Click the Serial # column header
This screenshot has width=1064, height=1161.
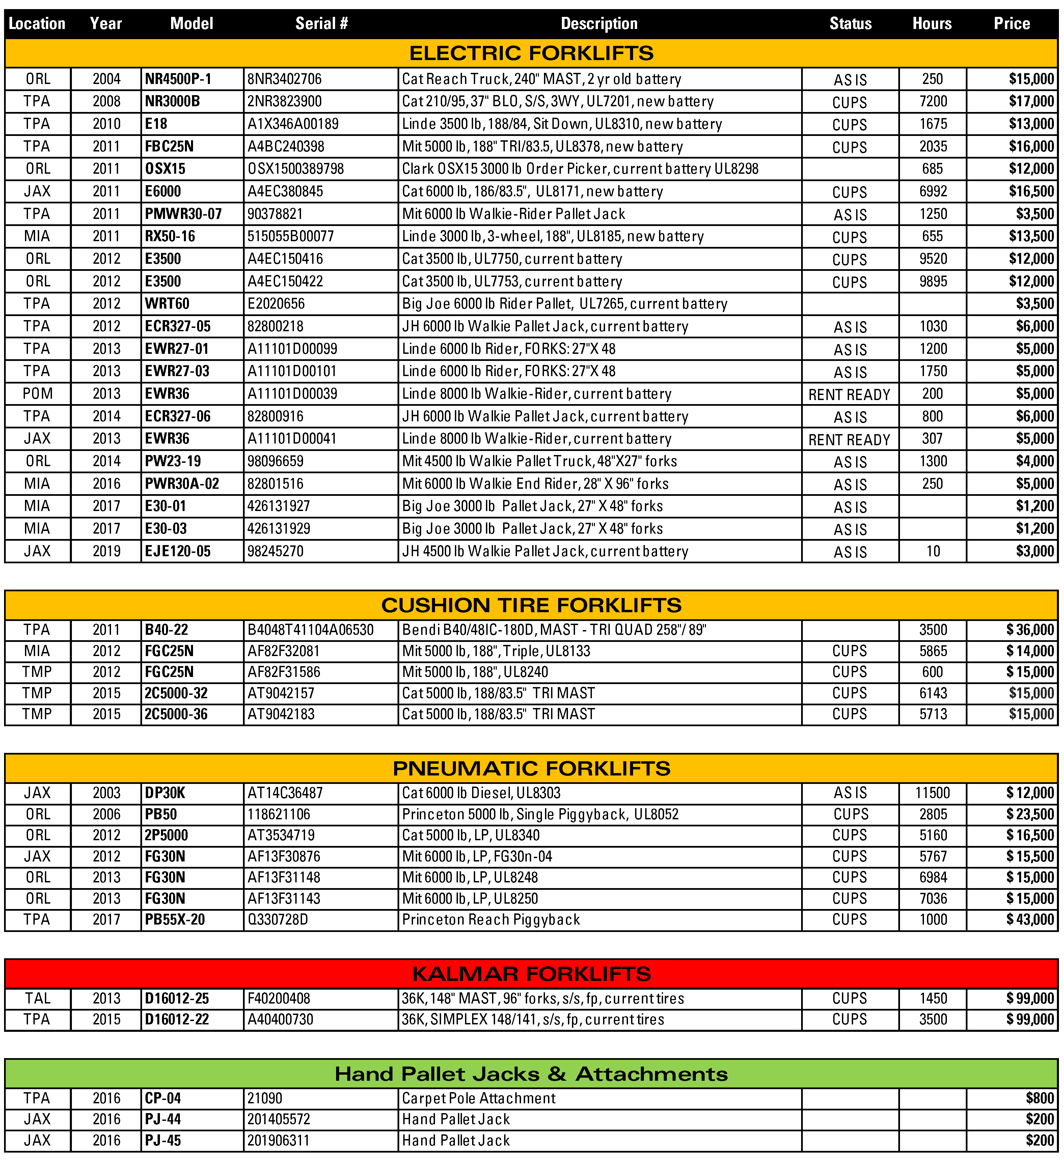322,24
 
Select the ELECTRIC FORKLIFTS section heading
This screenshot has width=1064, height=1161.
531,53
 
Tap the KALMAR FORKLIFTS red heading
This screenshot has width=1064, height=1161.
531,973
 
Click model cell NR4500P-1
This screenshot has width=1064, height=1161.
178,79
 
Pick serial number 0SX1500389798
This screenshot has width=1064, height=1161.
296,169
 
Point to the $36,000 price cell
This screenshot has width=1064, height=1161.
1030,629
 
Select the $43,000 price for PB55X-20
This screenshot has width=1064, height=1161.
1030,919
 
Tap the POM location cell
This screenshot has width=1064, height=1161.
37,394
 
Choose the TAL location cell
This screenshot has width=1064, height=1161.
37,998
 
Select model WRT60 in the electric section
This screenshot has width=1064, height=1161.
167,304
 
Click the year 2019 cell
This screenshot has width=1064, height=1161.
107,551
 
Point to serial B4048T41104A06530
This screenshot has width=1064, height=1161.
310,629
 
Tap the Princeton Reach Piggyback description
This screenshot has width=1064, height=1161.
491,919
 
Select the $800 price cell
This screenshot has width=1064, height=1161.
1039,1098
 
